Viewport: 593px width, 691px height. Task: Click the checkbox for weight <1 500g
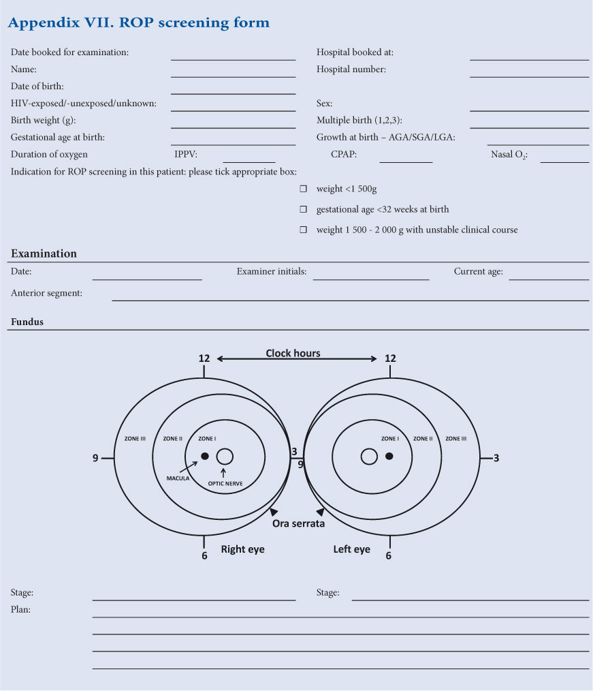(304, 189)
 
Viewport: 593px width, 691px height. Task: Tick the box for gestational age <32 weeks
(304, 209)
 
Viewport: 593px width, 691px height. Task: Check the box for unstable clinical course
(304, 230)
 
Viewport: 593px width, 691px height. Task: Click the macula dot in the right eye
(204, 456)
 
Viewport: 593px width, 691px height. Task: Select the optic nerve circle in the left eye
(369, 457)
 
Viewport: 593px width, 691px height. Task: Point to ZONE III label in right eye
(135, 439)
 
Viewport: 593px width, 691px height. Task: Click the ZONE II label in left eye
(422, 439)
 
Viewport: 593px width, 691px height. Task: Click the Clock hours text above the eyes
(293, 353)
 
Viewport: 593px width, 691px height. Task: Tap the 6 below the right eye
(204, 555)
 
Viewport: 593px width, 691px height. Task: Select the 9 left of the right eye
(95, 458)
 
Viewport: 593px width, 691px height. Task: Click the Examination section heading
(44, 254)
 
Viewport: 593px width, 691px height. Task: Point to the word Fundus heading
(27, 322)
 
